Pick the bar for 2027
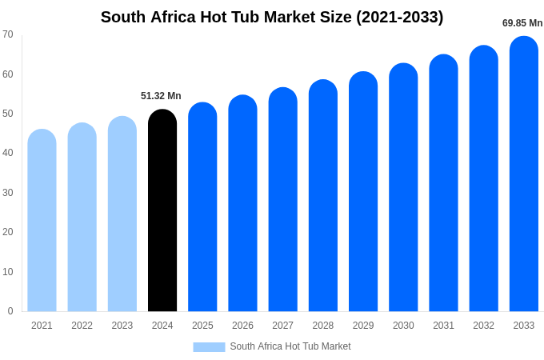click(x=282, y=199)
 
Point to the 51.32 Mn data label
click(x=161, y=96)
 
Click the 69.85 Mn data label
click(x=522, y=23)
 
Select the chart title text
click(x=272, y=17)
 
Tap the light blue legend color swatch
click(x=209, y=347)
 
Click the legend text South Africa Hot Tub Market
click(x=290, y=346)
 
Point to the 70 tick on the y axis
click(x=8, y=34)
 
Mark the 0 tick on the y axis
click(x=10, y=311)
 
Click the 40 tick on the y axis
click(x=8, y=153)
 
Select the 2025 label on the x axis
click(x=202, y=326)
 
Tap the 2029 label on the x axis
click(x=363, y=326)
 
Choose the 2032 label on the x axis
click(x=483, y=326)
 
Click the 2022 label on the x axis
click(x=82, y=326)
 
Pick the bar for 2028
click(x=323, y=195)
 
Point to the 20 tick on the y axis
click(x=8, y=232)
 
